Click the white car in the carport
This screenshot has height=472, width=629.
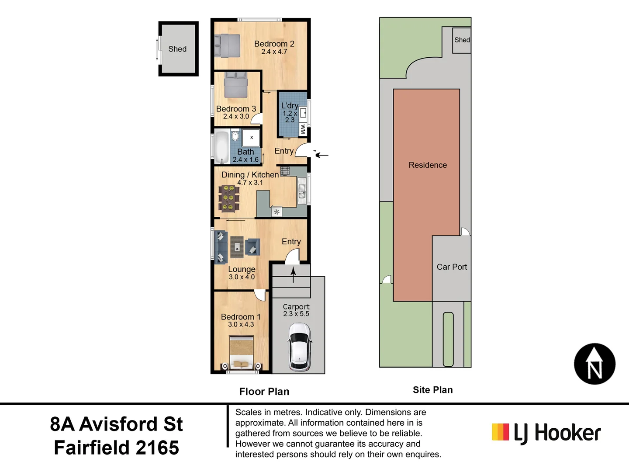point(299,347)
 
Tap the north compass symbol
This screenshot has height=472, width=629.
point(594,364)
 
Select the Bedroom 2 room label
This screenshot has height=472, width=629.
point(274,44)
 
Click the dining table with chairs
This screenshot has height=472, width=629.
point(229,199)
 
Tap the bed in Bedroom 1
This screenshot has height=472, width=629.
point(242,351)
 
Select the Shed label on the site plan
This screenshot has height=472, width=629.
point(462,40)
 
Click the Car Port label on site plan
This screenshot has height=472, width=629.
point(452,267)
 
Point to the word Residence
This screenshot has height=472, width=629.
point(428,165)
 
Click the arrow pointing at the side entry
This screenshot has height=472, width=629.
point(322,155)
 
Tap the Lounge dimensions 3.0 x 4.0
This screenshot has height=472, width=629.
point(242,277)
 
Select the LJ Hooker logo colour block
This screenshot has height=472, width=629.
point(500,432)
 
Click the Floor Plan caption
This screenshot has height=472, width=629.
point(264,392)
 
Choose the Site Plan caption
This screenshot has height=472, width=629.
point(432,390)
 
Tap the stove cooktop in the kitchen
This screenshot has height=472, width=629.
point(285,171)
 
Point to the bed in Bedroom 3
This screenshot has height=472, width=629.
point(236,85)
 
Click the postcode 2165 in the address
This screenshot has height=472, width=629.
point(157,448)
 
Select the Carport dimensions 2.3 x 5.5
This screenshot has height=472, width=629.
point(296,314)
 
